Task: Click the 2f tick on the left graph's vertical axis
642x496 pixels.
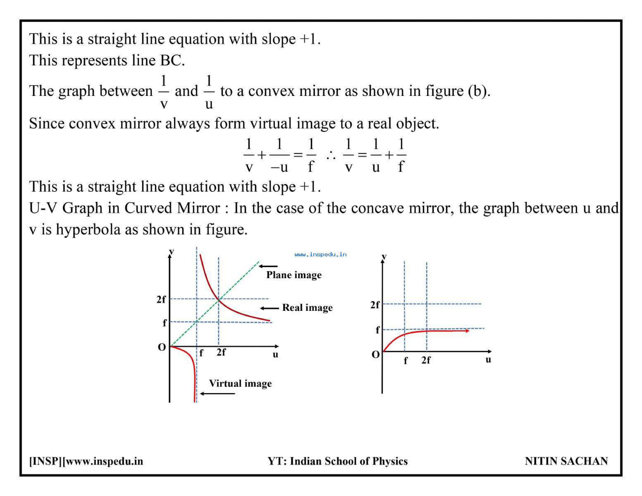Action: coord(161,300)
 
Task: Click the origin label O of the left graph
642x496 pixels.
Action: coord(162,347)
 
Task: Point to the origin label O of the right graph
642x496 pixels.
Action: coord(376,355)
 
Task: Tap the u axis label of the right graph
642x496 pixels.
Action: coord(488,360)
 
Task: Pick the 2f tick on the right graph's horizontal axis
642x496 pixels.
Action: coord(426,360)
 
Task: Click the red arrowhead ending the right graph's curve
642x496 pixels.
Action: coord(467,331)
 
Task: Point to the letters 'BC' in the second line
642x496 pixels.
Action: coord(172,61)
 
